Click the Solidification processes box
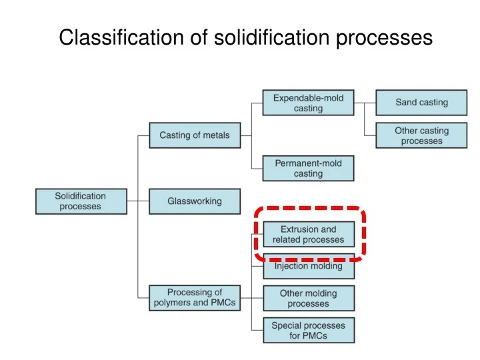point(81,201)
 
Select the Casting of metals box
point(194,135)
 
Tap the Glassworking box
point(194,201)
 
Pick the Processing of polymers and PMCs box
point(194,297)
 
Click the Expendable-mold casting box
point(308,103)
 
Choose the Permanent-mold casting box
point(308,168)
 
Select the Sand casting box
point(421,103)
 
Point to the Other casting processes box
point(421,135)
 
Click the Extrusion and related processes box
point(308,234)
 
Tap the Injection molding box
point(308,267)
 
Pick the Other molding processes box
point(308,298)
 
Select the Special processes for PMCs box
point(308,331)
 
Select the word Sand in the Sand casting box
point(407,103)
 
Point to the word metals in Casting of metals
point(215,135)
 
